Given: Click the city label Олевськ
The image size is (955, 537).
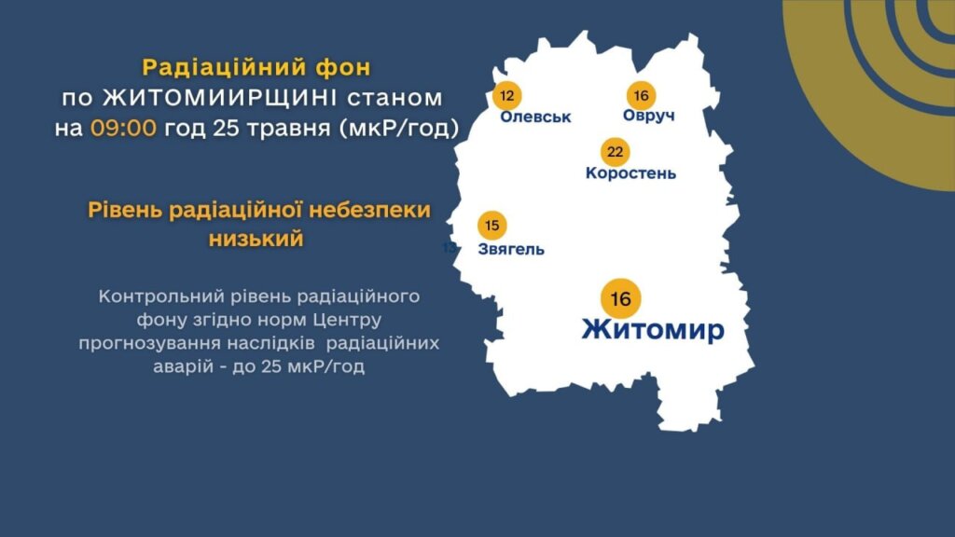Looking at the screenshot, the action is pos(535,117).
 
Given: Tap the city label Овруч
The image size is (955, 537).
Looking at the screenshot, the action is pos(649,116).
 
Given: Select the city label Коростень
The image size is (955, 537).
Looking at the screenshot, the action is pos(630,172).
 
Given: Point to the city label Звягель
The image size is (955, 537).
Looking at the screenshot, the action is pos(511,249).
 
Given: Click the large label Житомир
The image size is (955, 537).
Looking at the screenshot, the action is pos(653,329).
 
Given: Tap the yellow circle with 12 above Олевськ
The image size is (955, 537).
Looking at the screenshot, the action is pos(506,96).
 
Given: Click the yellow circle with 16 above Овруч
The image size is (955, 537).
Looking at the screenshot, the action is pos(641,96).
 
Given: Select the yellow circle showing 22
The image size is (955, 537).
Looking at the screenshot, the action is pos(616,152).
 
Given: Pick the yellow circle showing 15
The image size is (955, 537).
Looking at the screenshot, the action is pos(492,226).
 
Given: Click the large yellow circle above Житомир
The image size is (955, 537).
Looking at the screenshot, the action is pos(620,299).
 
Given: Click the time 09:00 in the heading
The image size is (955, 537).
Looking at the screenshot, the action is pos(124,129).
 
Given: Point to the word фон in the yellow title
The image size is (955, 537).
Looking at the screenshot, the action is pos(343,67).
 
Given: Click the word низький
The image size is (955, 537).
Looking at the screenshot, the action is pos(256,239).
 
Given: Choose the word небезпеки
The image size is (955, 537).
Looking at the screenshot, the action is pos(369,210).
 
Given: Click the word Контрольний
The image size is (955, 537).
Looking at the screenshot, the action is pos(161,296).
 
